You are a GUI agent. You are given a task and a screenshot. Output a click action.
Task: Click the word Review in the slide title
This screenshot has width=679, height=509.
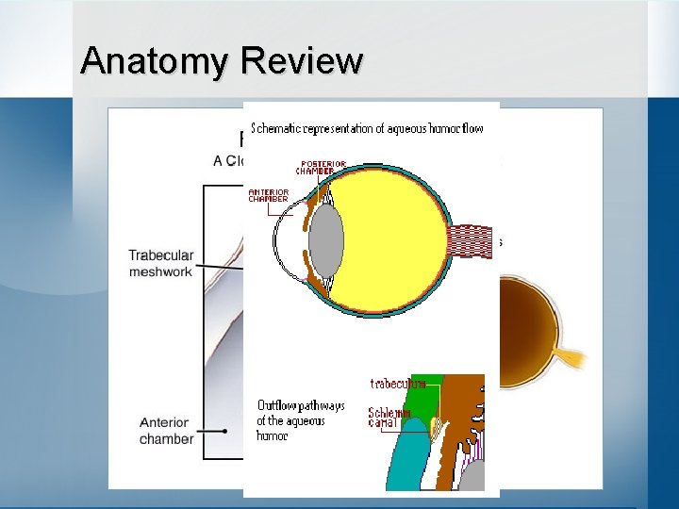pyautogui.click(x=301, y=60)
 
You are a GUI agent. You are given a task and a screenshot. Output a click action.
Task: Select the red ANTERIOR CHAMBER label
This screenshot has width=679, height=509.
pyautogui.click(x=268, y=195)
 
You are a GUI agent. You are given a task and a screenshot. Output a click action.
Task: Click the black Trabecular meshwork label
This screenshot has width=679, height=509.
pyautogui.click(x=160, y=263)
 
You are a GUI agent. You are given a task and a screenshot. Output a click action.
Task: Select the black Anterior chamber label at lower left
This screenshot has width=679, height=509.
pyautogui.click(x=166, y=431)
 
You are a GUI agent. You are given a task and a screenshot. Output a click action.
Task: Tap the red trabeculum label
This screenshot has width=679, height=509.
pyautogui.click(x=398, y=384)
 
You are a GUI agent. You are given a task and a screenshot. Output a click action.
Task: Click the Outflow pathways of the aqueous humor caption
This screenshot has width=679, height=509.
pyautogui.click(x=299, y=420)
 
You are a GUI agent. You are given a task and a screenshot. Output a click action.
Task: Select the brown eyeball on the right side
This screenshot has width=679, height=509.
pyautogui.click(x=528, y=325)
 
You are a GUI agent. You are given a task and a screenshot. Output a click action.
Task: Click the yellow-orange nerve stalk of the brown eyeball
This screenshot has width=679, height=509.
pyautogui.click(x=570, y=357)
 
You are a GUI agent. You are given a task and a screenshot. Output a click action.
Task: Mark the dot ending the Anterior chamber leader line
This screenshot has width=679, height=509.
pyautogui.click(x=224, y=431)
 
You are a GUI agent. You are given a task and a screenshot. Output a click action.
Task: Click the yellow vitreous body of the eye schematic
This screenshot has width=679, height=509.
pyautogui.click(x=396, y=236)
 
